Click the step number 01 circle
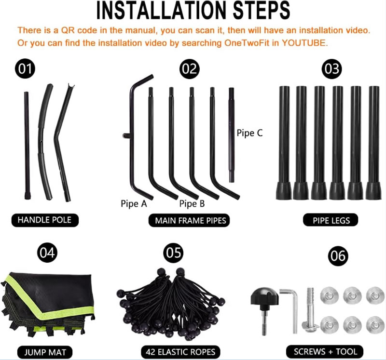tap(25, 68)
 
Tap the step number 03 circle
tap(332, 69)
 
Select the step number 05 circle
tap(174, 253)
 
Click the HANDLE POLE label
tap(45, 220)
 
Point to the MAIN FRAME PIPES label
tap(189, 220)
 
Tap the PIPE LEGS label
tap(331, 220)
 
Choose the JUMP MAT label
tap(45, 352)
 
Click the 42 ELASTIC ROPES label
tap(180, 352)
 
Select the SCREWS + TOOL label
tap(325, 352)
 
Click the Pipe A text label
tap(134, 203)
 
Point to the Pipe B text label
tap(192, 203)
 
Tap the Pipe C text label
tap(249, 133)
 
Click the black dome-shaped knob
tap(264, 297)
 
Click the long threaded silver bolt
tap(310, 310)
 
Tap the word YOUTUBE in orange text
tap(304, 43)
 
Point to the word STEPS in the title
tap(262, 10)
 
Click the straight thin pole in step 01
tap(27, 145)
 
